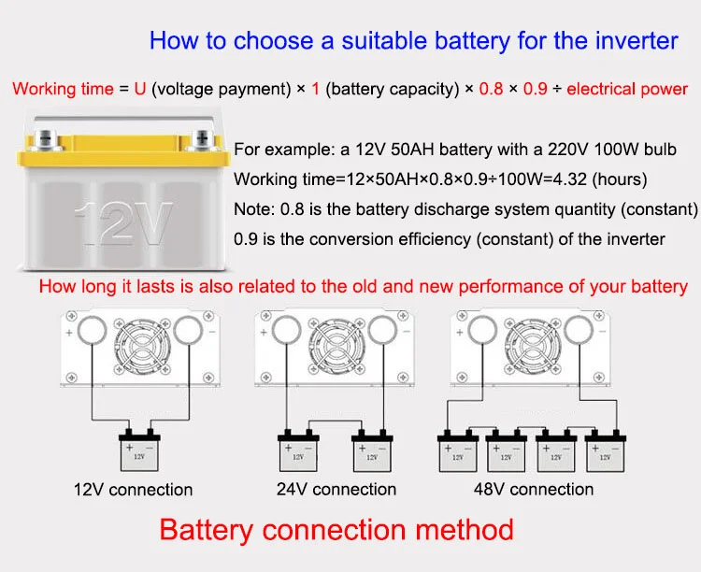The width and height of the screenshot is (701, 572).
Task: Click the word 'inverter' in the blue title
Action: pos(632,40)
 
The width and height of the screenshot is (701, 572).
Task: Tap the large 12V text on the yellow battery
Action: pos(122,222)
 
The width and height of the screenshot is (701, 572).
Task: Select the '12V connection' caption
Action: pos(134,489)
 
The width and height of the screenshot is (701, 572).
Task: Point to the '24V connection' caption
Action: pos(336,489)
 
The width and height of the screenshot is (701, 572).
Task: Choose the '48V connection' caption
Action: pos(533,489)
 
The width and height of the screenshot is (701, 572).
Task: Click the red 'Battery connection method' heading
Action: pos(336,530)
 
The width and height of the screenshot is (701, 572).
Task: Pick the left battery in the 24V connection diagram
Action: pos(299,452)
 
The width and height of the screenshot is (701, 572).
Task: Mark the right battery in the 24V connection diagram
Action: pos(371,452)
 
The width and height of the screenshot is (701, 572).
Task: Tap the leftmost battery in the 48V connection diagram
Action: pos(459,452)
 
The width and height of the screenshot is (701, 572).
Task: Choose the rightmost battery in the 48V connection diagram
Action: pos(605,452)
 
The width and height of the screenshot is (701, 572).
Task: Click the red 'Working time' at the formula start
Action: pos(62,90)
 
